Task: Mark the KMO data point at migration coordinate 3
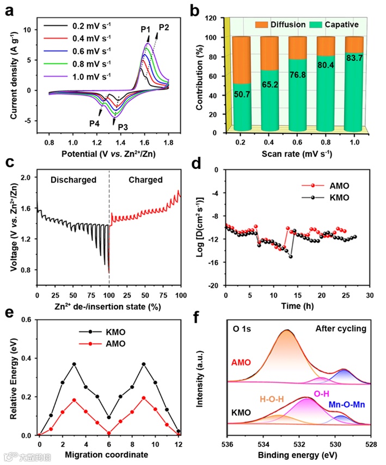click(x=74, y=364)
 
